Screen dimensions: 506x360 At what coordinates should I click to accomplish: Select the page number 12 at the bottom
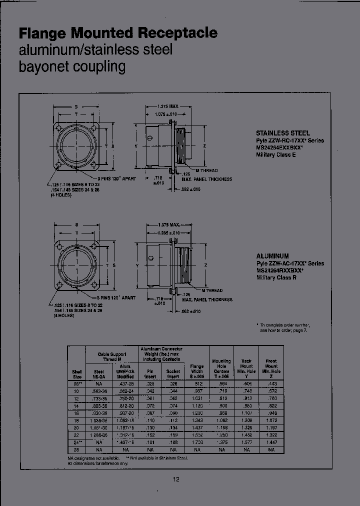(x=176, y=479)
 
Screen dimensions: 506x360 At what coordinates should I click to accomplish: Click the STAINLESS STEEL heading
(x=283, y=133)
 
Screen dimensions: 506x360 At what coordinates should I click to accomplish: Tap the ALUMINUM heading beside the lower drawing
(x=273, y=256)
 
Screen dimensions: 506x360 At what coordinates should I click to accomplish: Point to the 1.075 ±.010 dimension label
(x=165, y=114)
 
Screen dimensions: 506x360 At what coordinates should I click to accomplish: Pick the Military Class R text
(x=276, y=277)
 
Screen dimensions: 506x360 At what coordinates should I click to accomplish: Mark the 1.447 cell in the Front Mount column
(x=271, y=443)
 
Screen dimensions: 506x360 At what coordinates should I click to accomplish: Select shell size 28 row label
(x=76, y=450)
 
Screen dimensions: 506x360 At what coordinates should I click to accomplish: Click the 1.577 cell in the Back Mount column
(x=246, y=443)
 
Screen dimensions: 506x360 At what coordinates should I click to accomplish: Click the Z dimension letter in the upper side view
(x=205, y=146)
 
